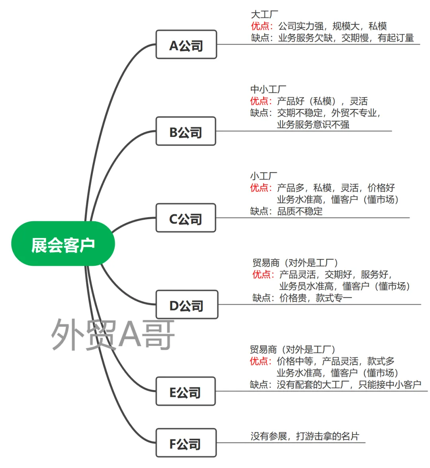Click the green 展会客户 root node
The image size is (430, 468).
click(63, 244)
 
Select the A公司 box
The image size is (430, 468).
click(186, 45)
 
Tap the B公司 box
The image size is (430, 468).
click(186, 131)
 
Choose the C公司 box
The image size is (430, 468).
click(186, 218)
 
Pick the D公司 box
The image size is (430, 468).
click(186, 305)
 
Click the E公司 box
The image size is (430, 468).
click(186, 392)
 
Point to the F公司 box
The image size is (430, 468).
click(186, 443)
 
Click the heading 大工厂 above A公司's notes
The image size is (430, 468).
click(264, 15)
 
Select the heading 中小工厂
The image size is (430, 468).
click(268, 90)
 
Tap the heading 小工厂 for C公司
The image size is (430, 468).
click(264, 176)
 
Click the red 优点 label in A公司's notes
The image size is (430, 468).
click(260, 26)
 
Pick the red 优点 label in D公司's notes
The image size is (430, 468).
click(262, 275)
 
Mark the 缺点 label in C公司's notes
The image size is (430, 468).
click(260, 211)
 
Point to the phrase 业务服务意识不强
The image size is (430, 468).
click(313, 125)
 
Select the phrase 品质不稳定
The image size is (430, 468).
click(300, 211)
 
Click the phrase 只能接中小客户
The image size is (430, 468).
click(390, 384)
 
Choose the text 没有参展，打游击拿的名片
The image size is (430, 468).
click(305, 436)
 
